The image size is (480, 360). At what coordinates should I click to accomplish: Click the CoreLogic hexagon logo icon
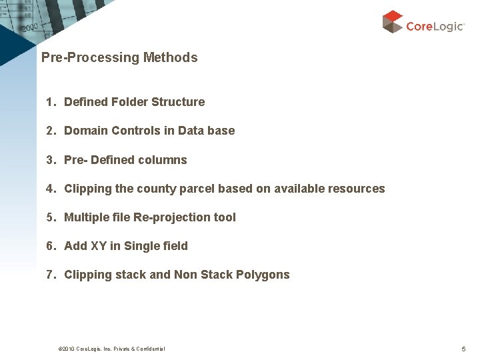point(393,21)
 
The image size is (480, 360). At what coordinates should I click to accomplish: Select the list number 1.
point(49,102)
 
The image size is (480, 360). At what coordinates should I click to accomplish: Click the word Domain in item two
point(86,131)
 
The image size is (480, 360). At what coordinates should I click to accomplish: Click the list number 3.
point(49,160)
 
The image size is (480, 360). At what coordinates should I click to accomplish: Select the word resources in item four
point(356,189)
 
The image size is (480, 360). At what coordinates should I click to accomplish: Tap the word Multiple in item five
point(87,217)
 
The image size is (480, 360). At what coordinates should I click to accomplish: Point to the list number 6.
point(49,246)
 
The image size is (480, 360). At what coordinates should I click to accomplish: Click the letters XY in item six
point(99,246)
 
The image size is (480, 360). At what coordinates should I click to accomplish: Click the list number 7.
point(49,275)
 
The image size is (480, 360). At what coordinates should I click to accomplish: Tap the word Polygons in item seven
point(263,275)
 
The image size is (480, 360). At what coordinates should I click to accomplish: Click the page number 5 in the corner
point(463,349)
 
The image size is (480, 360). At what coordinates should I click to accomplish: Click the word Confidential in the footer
point(150,349)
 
